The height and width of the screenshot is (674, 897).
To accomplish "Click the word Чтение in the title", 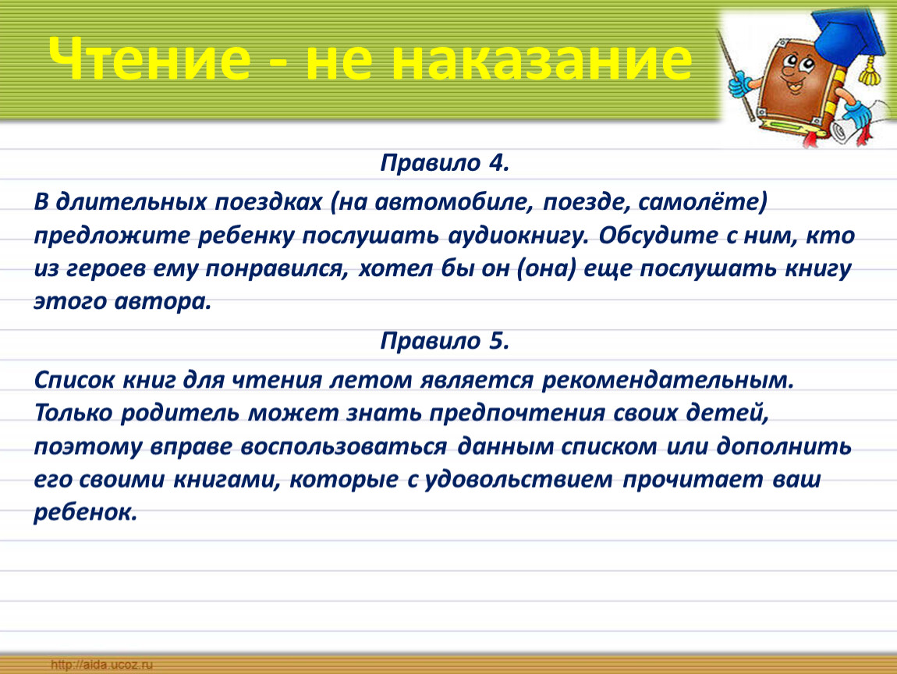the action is (x=149, y=59).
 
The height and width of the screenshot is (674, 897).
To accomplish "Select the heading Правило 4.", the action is (x=445, y=163).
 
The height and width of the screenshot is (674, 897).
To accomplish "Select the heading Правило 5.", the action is (x=445, y=341).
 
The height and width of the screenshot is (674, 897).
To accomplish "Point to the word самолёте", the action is (x=701, y=202).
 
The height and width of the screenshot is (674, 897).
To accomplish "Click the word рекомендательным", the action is (x=668, y=380).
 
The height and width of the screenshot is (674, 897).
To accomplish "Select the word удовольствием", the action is (x=519, y=480).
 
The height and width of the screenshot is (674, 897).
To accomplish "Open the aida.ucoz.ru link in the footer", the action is (x=102, y=665).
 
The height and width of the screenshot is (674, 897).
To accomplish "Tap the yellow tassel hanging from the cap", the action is (x=870, y=72).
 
